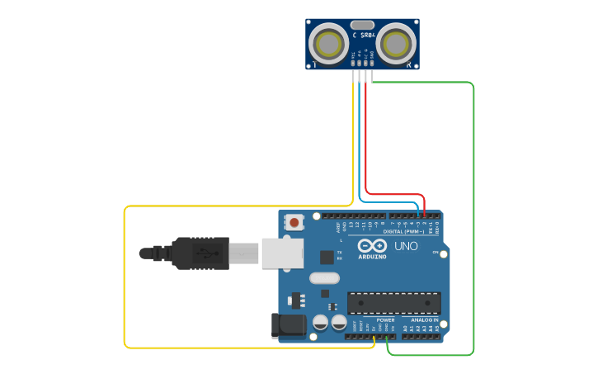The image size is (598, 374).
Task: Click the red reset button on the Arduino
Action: [294, 221]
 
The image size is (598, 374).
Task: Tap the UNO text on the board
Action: [407, 246]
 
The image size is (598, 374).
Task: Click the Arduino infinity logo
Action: [372, 245]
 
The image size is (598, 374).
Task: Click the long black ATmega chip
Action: [393, 302]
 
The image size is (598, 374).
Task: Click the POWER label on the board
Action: [385, 320]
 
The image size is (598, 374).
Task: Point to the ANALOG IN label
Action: [425, 320]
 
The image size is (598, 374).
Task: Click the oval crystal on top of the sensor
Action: [362, 25]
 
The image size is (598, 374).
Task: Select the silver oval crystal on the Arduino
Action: [324, 278]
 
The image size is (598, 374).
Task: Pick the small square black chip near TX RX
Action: [327, 257]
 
